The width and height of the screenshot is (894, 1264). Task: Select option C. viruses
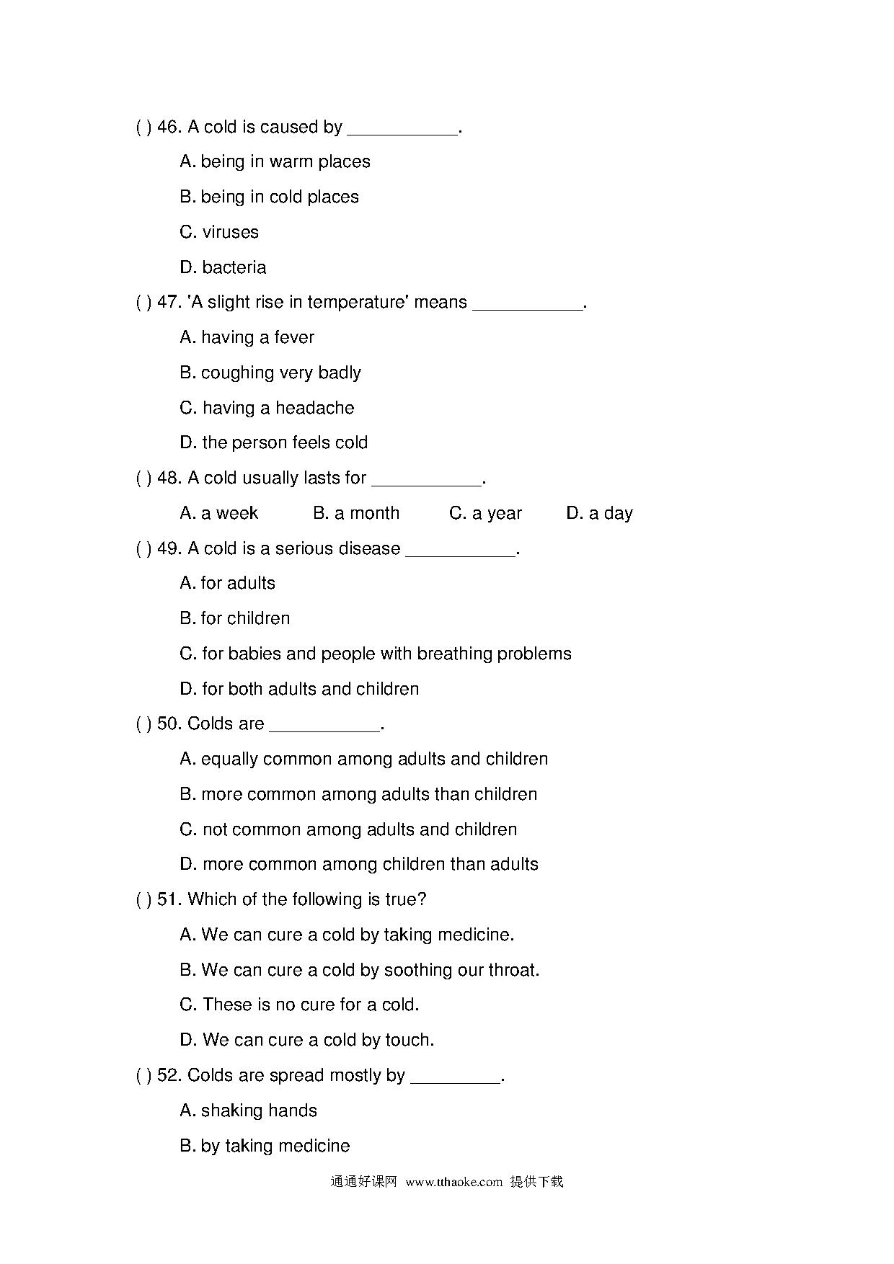219,232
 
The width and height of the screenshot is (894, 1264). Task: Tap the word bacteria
234,267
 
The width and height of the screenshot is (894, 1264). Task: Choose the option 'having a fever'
247,337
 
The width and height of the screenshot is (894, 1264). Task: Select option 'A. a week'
219,513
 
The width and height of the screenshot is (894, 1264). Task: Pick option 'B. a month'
356,513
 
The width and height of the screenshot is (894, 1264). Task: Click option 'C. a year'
485,513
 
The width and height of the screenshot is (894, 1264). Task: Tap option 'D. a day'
599,513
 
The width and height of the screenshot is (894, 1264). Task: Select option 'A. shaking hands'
249,1111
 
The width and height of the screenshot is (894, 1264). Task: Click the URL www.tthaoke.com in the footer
453,1182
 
